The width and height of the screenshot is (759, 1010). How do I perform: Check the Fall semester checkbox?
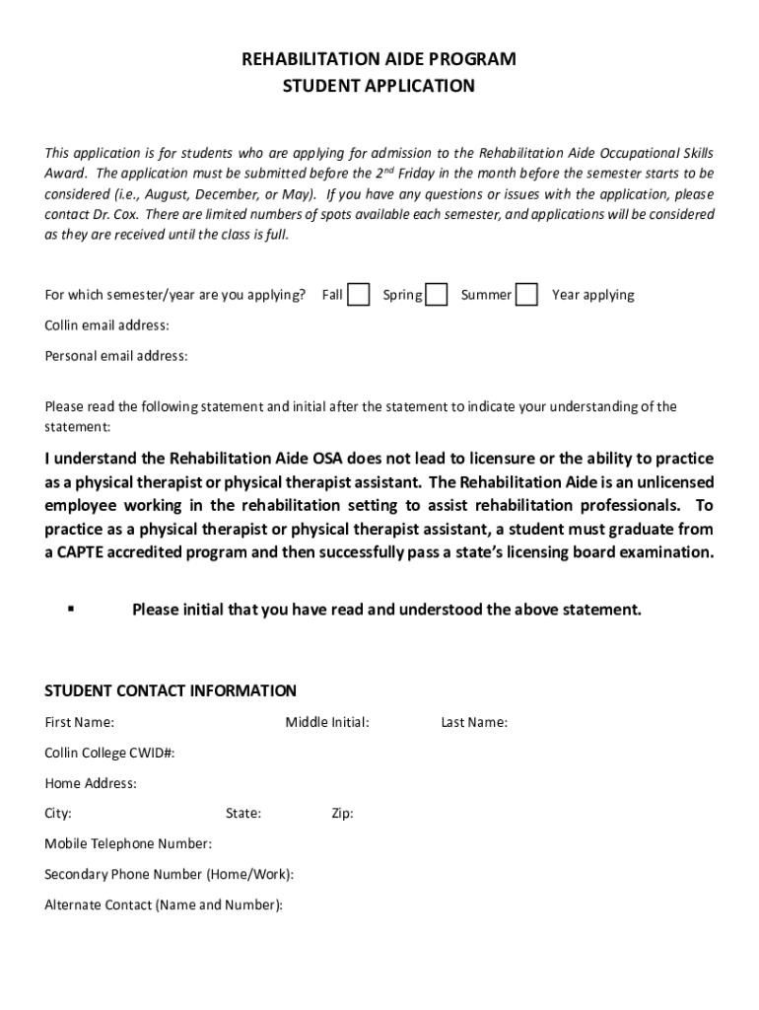point(360,295)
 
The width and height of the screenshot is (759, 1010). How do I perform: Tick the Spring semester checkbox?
point(437,295)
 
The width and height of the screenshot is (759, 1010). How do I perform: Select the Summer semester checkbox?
point(527,295)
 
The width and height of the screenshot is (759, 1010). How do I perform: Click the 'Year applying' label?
point(592,295)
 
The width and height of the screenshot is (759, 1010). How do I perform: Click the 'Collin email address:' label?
point(106,325)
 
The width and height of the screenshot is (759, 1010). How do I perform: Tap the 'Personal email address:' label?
point(116,356)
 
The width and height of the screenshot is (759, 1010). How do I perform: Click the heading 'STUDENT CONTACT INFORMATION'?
point(171,690)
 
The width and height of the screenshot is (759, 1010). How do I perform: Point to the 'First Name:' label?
point(79,723)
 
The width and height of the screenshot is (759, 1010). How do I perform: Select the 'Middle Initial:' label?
point(327,723)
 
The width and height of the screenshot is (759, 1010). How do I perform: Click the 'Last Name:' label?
point(474,723)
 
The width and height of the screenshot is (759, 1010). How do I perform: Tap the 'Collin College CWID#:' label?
point(109,754)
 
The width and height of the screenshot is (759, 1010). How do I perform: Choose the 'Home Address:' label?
point(91,784)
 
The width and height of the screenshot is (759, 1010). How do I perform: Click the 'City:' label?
point(58,814)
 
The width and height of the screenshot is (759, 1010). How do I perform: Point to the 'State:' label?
point(243,814)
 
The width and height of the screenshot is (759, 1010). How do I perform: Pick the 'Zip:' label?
point(342,814)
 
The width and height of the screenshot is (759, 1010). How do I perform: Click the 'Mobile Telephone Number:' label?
point(128,844)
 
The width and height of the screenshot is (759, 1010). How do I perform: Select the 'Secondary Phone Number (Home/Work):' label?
point(170,875)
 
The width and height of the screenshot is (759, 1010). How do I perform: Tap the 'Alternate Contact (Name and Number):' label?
point(164,904)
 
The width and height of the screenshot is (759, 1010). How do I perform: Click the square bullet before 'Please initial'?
point(71,609)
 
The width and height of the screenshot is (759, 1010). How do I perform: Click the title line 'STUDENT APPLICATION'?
point(379,86)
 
